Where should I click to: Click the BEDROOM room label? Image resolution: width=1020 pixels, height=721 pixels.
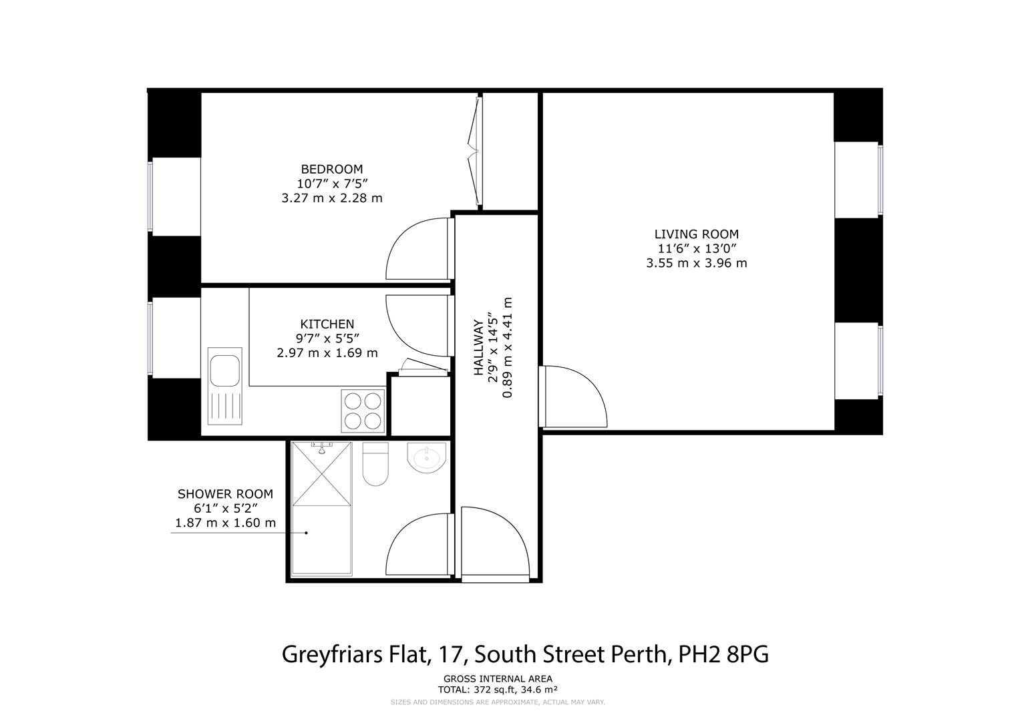point(331,169)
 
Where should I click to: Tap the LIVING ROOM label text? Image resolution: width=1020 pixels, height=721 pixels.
point(696,234)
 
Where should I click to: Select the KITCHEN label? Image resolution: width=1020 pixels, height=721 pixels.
point(327,324)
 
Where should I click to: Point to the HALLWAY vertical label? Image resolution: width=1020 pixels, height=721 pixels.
point(478,347)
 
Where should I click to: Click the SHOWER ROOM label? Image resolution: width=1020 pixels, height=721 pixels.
point(225,494)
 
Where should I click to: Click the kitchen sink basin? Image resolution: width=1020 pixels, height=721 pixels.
point(224,370)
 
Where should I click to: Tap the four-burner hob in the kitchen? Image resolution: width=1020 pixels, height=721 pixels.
point(363,410)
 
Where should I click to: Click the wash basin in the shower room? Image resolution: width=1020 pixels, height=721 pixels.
point(426,458)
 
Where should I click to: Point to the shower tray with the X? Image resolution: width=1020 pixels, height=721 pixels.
point(321,475)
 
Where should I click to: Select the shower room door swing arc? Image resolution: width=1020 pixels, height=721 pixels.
point(417,544)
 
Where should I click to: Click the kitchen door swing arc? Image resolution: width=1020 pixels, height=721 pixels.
point(415,326)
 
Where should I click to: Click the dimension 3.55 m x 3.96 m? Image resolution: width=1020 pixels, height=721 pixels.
point(696,263)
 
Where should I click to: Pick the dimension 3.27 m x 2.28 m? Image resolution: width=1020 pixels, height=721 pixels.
point(331,198)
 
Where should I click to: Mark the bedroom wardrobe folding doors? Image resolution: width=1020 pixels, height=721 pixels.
point(476,152)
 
